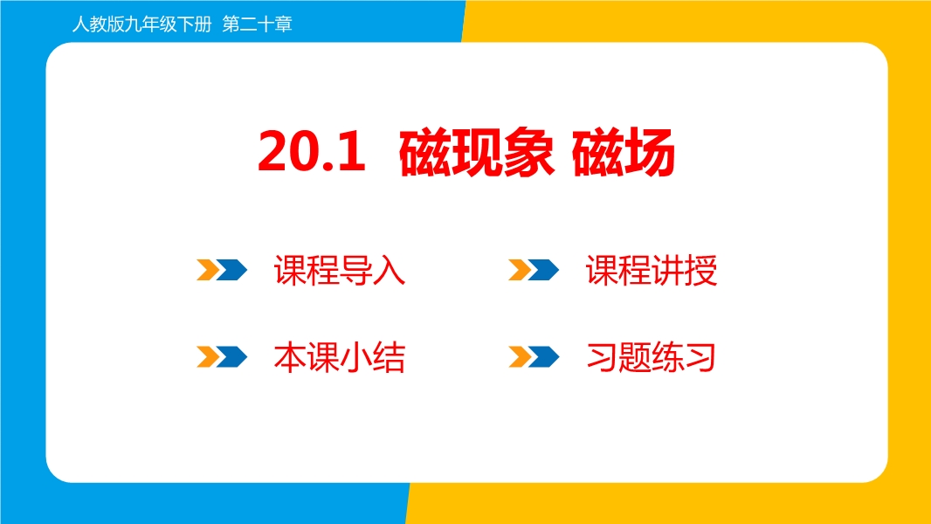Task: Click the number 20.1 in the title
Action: click(312, 152)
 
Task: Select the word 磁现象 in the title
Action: click(477, 152)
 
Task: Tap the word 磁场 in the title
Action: click(624, 152)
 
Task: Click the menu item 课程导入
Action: click(340, 271)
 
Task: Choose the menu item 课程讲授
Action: click(652, 271)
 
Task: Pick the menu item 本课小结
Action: click(340, 357)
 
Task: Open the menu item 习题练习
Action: click(651, 357)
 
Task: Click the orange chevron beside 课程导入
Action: click(208, 270)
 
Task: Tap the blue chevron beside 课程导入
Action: click(231, 270)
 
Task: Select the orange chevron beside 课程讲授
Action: click(520, 270)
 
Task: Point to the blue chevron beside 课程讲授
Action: click(543, 270)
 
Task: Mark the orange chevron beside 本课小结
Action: click(208, 356)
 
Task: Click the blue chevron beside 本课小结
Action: click(231, 356)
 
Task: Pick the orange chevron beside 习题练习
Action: click(520, 356)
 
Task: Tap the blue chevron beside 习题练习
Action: click(543, 356)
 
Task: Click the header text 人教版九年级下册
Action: click(141, 24)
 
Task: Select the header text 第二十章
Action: click(257, 24)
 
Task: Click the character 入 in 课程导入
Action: click(390, 271)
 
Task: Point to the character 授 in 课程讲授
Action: click(701, 271)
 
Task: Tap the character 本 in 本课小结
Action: click(290, 357)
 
